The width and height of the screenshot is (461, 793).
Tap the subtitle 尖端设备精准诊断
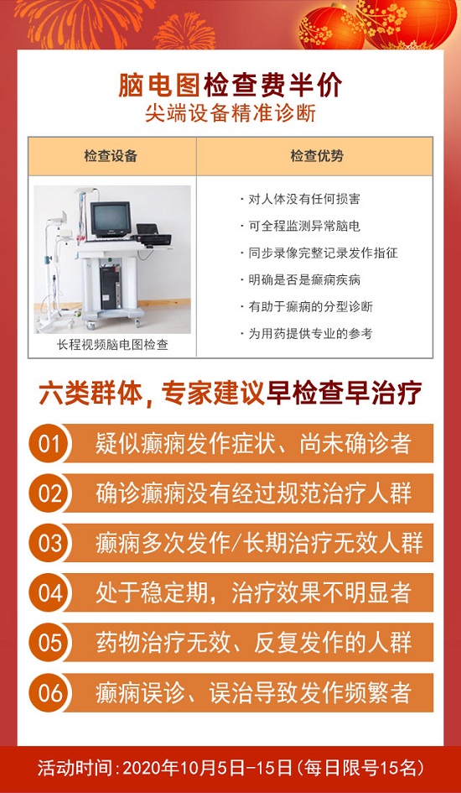[x=230, y=114]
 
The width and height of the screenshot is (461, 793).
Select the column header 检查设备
[x=111, y=156]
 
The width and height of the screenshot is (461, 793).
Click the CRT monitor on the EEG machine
[x=111, y=219]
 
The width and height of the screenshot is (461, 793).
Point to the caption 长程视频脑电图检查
[x=112, y=346]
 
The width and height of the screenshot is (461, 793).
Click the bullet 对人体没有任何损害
[x=300, y=199]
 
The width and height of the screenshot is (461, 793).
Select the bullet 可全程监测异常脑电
[x=300, y=226]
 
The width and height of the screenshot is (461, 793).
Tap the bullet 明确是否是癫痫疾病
[x=300, y=279]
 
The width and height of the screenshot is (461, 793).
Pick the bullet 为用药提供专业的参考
[x=307, y=334]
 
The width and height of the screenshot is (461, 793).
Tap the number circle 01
[x=49, y=444]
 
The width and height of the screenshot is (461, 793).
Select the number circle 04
[x=49, y=593]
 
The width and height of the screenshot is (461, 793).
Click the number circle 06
[x=49, y=692]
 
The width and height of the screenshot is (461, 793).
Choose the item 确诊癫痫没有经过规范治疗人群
[x=253, y=493]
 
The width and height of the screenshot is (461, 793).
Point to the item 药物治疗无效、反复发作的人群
[x=253, y=643]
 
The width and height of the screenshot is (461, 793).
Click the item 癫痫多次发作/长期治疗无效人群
[x=259, y=543]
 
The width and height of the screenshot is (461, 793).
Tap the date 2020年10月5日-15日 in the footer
[x=208, y=769]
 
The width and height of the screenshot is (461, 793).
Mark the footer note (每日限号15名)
[x=360, y=769]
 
